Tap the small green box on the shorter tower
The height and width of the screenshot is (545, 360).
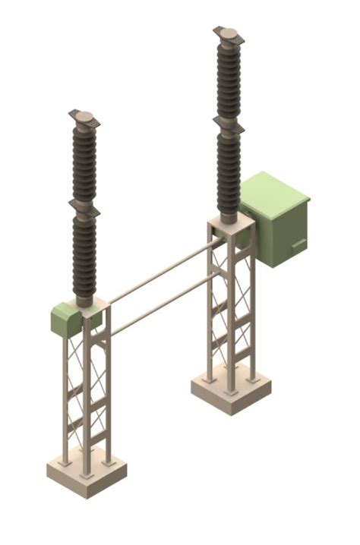click(65, 320)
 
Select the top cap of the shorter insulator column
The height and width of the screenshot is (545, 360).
click(84, 117)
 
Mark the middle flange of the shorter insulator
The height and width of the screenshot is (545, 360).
click(84, 206)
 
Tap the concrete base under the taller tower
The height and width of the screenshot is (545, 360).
click(231, 395)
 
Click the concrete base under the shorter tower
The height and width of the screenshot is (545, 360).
click(86, 477)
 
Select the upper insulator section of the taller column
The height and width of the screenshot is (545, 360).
click(229, 80)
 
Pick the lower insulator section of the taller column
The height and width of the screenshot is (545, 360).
click(229, 171)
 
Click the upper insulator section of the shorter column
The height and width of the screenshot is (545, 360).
click(84, 161)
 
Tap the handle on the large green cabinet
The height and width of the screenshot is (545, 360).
click(299, 244)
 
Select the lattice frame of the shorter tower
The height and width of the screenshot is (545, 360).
click(87, 395)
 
